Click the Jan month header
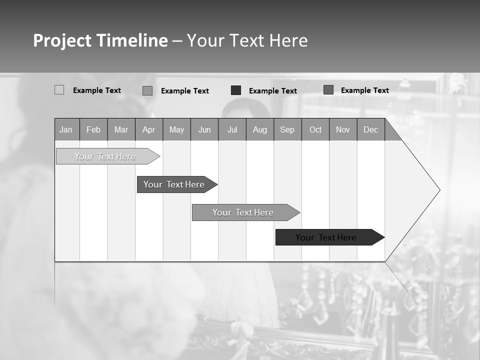[x=66, y=129]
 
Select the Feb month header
[x=93, y=129]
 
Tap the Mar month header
[x=121, y=129]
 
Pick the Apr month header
[x=149, y=129]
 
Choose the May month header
[x=176, y=129]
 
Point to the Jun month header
[x=204, y=129]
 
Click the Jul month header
[x=232, y=129]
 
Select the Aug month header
[x=260, y=129]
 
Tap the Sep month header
[x=287, y=129]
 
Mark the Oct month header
[x=315, y=129]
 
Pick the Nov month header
[x=343, y=129]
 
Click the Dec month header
[x=371, y=129]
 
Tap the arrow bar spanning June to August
[x=243, y=212]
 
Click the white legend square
[x=59, y=90]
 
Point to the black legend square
[x=236, y=90]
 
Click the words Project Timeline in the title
[x=100, y=40]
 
